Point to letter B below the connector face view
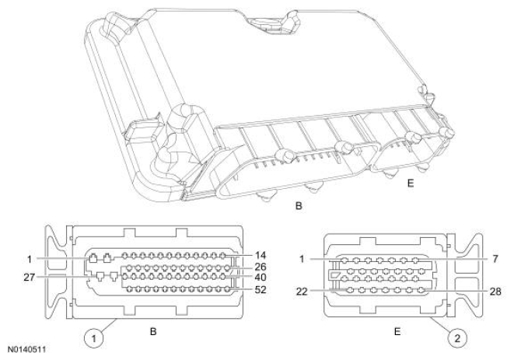click(154, 332)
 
